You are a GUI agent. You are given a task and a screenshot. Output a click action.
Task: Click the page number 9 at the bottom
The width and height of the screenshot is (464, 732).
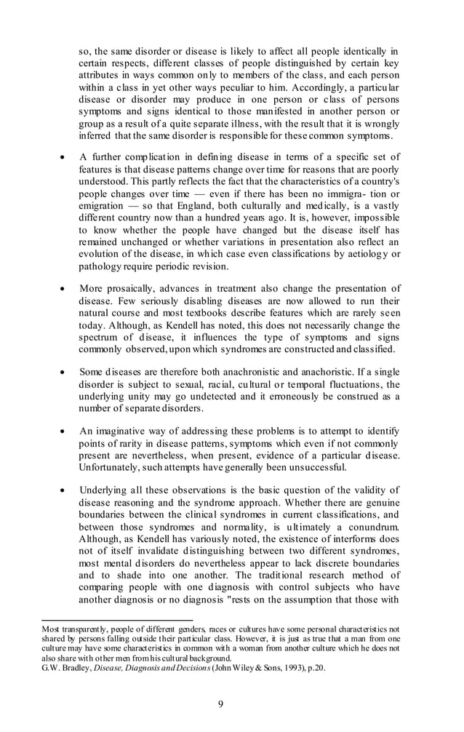231,703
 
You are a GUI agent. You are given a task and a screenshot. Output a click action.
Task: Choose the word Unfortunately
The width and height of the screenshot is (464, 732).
111,466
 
